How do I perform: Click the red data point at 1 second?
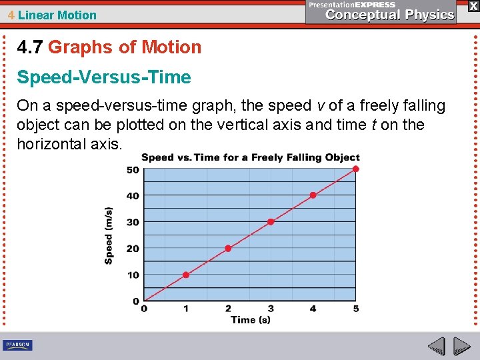(186, 275)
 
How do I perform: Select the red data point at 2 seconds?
(228, 248)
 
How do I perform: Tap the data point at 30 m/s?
(271, 221)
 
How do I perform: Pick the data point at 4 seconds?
(313, 195)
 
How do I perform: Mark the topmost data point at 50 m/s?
(356, 169)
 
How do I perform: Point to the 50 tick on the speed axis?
(133, 169)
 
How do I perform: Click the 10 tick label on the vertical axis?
(133, 275)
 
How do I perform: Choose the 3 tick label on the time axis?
(271, 309)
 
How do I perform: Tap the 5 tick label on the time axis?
(356, 309)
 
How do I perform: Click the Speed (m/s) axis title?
(109, 235)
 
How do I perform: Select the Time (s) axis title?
(250, 320)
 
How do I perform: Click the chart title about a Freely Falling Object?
(250, 157)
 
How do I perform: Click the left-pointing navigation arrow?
(436, 346)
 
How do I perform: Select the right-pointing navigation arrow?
(461, 346)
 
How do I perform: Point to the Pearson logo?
(17, 345)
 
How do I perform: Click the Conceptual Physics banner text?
(390, 15)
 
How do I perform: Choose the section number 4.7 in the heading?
(30, 47)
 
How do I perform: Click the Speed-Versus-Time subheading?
(104, 77)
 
